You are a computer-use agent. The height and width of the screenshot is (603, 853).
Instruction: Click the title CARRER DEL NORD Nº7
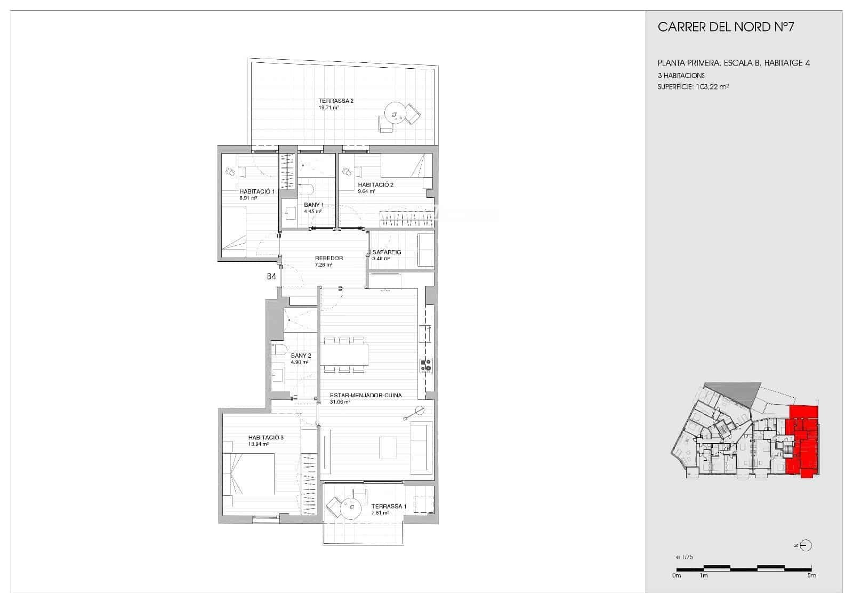coord(726,27)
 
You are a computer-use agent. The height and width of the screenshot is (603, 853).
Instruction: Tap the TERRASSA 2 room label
coord(336,101)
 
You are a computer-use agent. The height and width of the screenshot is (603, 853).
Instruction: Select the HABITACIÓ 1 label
coord(256,191)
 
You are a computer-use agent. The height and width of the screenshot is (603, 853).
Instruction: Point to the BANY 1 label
coord(313,205)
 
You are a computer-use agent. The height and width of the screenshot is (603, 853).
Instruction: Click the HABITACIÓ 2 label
coord(375,185)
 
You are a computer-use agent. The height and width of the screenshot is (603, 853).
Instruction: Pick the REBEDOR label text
coord(329,258)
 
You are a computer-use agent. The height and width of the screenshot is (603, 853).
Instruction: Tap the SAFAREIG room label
coord(387,252)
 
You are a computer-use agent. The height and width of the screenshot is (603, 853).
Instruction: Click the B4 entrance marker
coord(271,277)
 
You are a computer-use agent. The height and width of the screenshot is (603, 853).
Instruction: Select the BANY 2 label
coord(301,356)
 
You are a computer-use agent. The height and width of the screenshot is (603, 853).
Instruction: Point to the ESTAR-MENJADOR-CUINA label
coord(366,396)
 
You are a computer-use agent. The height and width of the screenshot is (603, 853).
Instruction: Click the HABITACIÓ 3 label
coord(265,438)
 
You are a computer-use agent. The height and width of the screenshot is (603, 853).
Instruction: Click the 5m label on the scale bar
coord(811,575)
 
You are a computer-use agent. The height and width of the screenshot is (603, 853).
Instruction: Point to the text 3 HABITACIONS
coord(681,76)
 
